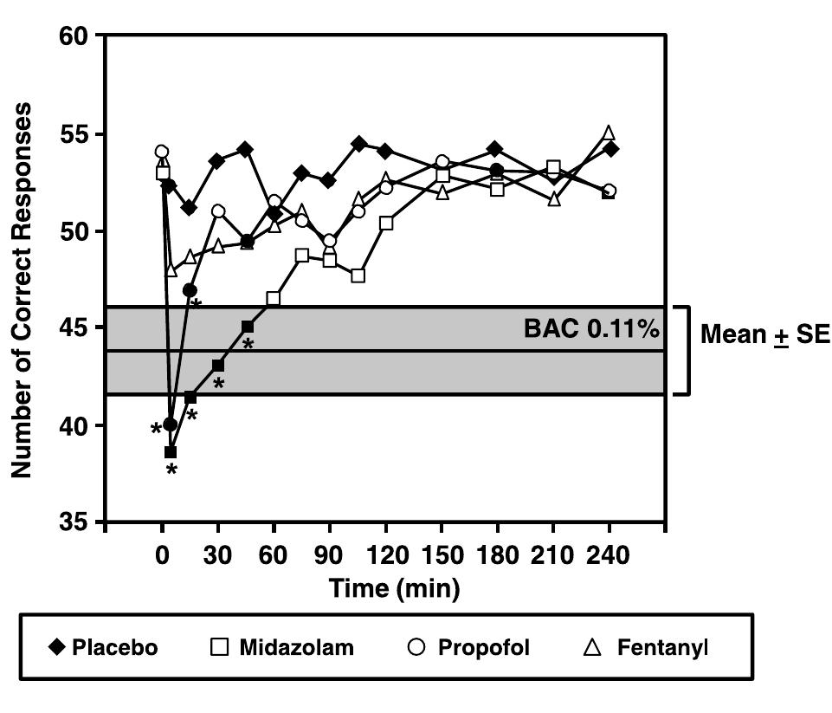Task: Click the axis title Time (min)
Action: pos(394,588)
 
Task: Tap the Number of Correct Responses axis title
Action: pos(23,289)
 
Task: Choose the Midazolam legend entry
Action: pos(282,648)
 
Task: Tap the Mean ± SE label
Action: pos(764,334)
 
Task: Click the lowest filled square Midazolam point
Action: pos(171,452)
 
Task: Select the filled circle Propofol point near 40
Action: pos(170,425)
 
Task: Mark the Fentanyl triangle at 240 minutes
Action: pos(609,133)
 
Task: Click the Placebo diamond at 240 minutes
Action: pos(611,149)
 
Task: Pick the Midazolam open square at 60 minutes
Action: pos(274,299)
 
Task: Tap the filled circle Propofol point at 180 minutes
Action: pos(496,170)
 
